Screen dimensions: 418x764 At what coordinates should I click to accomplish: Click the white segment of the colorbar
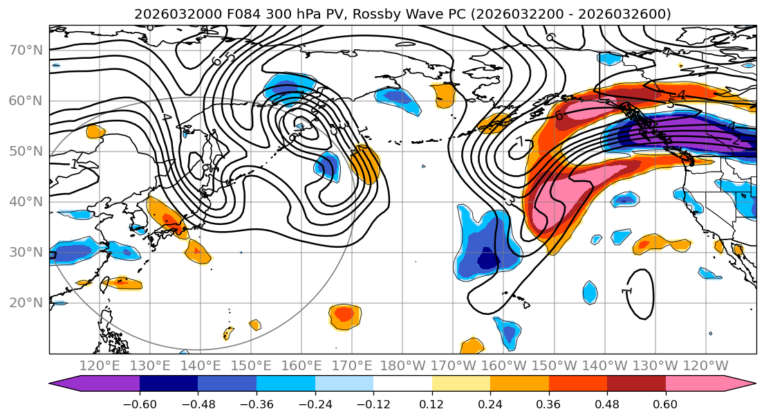402,385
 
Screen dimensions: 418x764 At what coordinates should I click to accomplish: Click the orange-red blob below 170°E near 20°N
344,316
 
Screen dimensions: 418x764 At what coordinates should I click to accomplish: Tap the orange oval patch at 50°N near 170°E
365,164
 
